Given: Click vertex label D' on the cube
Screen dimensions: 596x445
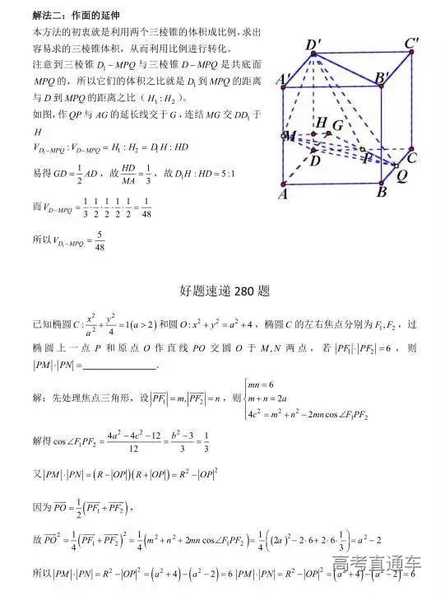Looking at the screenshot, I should [313, 45].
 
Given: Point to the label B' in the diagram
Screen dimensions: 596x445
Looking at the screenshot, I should [383, 80].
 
